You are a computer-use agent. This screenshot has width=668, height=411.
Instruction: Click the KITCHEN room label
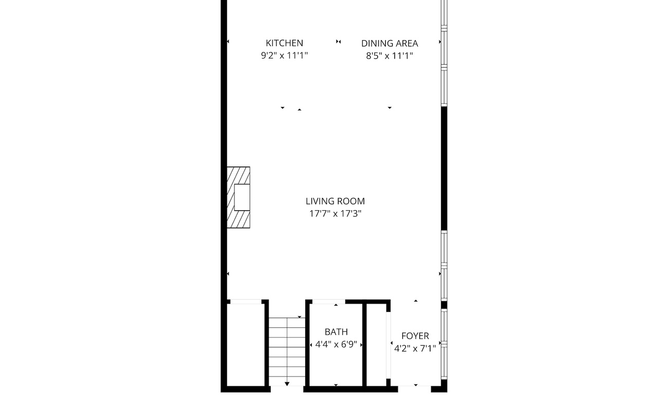[284, 43]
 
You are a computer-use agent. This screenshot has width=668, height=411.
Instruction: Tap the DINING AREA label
[389, 44]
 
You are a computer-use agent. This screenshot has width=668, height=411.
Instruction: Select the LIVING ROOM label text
[335, 201]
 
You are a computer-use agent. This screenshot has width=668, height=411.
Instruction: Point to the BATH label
[336, 332]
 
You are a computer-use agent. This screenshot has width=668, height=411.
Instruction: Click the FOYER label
[415, 336]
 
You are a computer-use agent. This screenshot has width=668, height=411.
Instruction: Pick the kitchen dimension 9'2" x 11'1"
[284, 55]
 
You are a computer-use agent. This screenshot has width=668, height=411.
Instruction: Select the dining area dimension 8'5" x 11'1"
[389, 56]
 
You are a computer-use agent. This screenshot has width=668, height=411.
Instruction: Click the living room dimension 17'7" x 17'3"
[335, 214]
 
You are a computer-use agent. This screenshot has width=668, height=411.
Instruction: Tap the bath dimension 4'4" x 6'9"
[336, 345]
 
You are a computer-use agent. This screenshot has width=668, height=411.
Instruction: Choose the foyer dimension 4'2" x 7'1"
[415, 348]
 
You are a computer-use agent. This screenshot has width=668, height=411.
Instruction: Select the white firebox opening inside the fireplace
[242, 197]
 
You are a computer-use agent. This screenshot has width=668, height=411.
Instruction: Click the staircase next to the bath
[287, 351]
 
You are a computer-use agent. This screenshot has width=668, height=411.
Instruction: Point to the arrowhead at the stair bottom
[287, 384]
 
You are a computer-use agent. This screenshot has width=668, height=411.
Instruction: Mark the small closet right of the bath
[376, 345]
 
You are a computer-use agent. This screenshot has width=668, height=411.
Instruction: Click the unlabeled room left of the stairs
[246, 345]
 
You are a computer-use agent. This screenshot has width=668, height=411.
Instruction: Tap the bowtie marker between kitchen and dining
[338, 42]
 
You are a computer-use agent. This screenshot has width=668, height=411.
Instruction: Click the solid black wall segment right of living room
[444, 168]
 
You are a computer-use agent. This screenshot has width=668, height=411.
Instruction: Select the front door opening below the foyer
[415, 389]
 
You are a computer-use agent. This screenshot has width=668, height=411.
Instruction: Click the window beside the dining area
[444, 53]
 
